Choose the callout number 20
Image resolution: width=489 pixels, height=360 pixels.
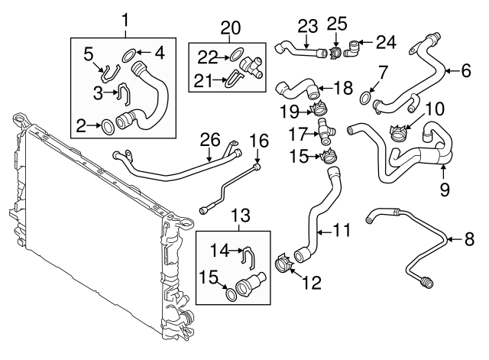pos(230,28)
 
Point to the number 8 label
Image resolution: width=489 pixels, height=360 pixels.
pos(470,239)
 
